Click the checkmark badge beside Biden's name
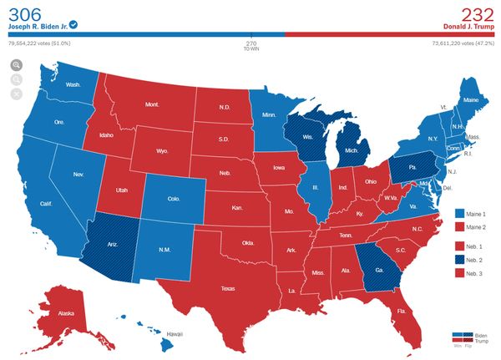pyautogui.click(x=74, y=24)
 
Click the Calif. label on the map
pyautogui.click(x=47, y=205)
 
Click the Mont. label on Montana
pyautogui.click(x=152, y=104)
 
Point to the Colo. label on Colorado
pyautogui.click(x=173, y=199)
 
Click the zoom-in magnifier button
pyautogui.click(x=16, y=64)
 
